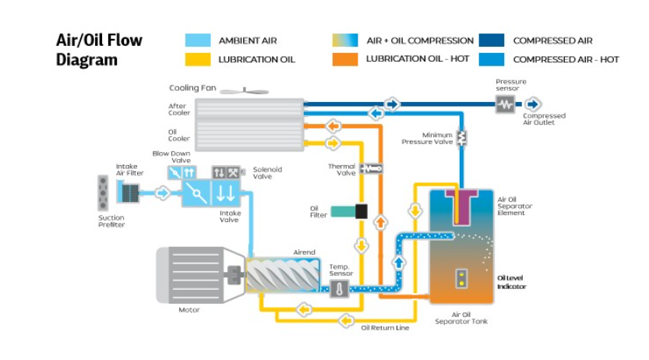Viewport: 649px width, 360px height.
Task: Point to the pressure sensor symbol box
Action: [506, 104]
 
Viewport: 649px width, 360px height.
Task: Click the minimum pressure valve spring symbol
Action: [461, 137]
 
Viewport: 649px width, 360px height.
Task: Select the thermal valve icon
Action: [372, 168]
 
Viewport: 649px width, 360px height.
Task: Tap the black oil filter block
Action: [361, 211]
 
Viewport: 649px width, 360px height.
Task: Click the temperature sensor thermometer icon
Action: [340, 288]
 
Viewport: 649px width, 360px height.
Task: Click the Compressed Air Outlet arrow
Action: [533, 104]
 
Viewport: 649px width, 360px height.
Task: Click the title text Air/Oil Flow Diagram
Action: [99, 50]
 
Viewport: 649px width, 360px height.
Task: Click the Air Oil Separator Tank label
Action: [462, 316]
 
